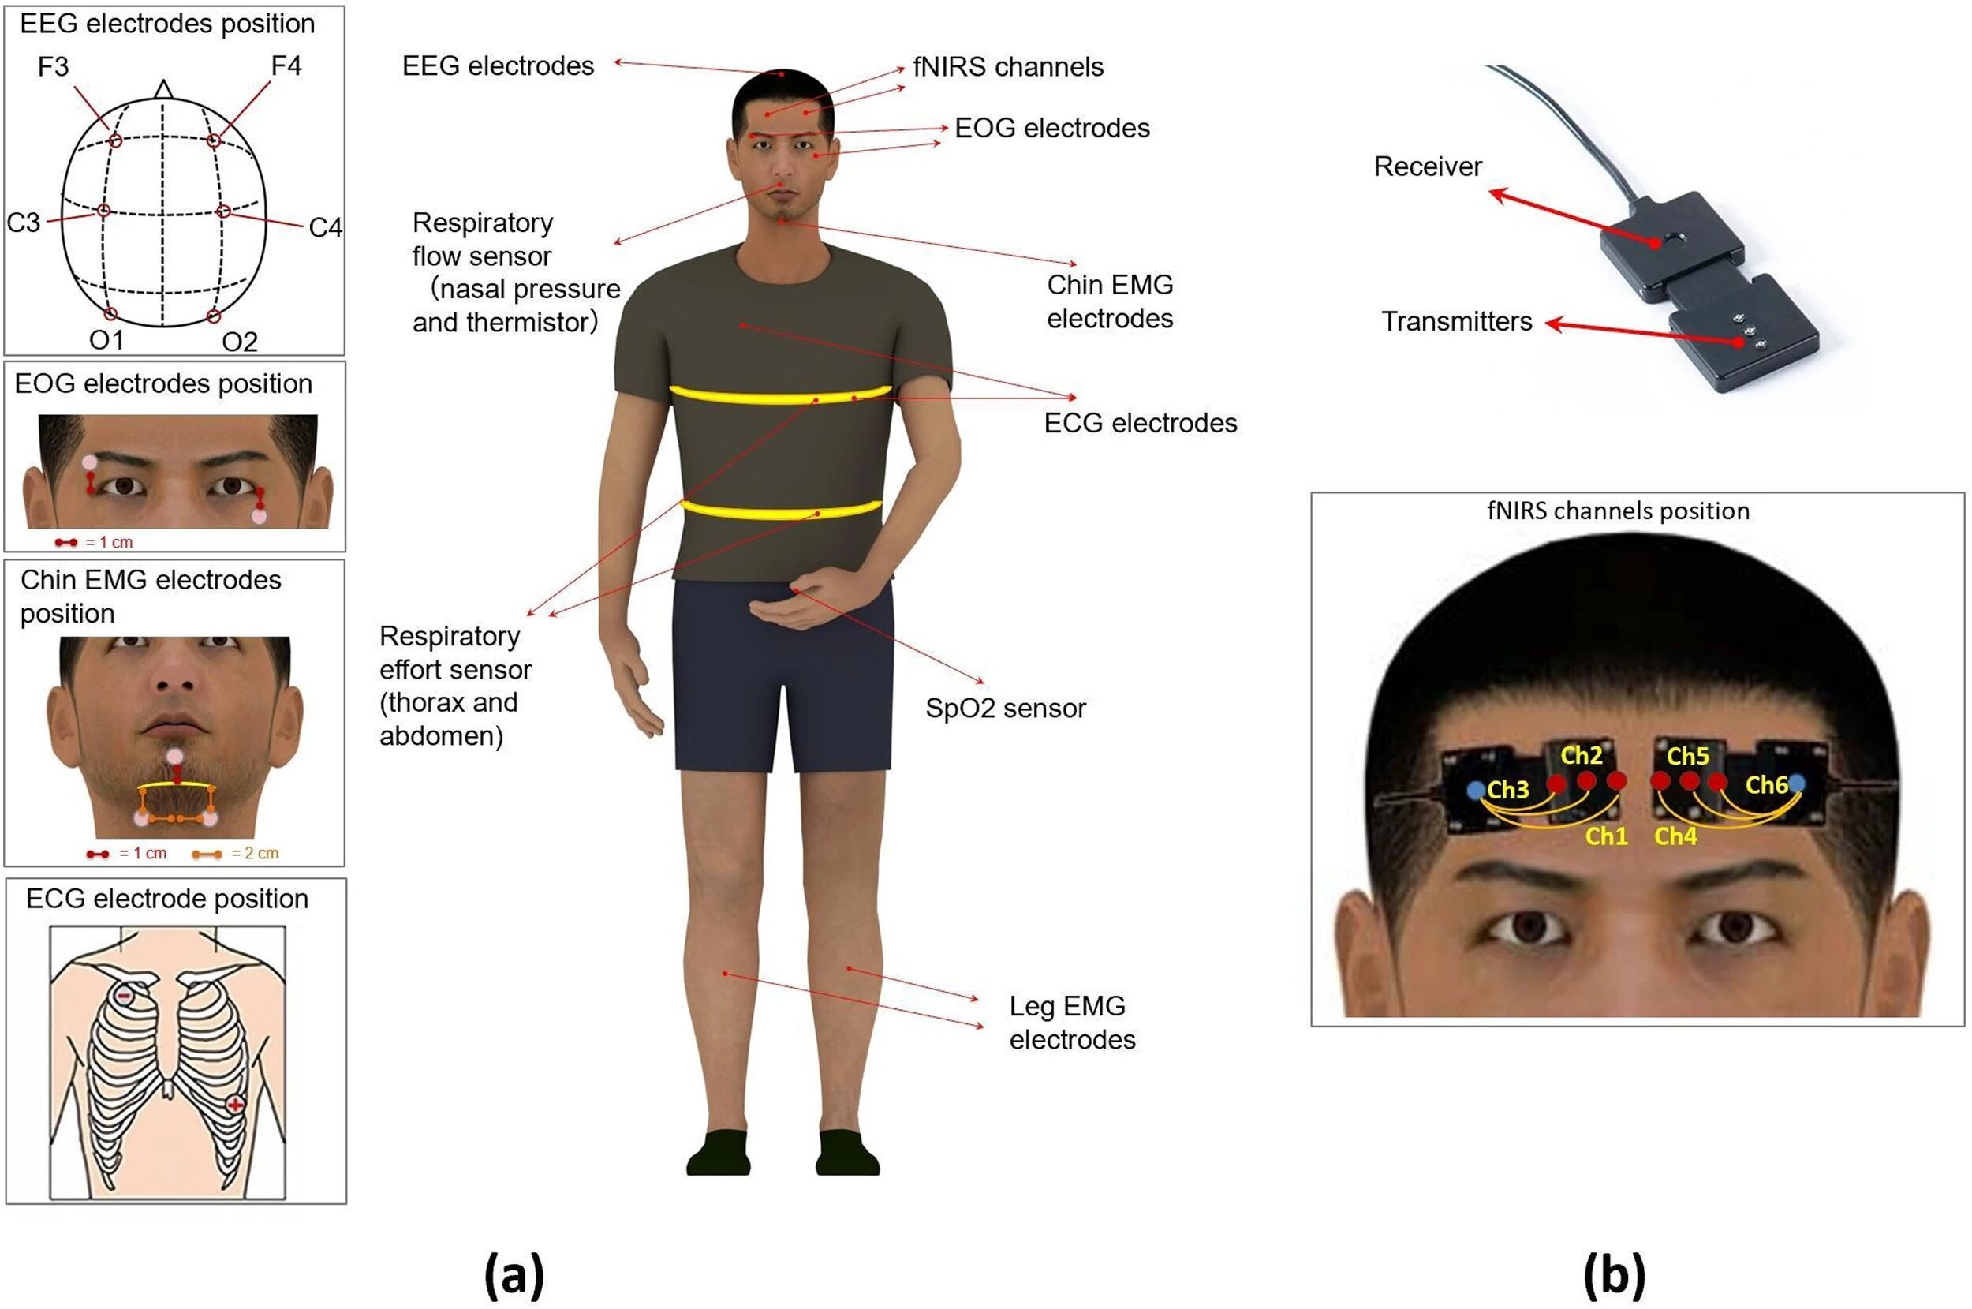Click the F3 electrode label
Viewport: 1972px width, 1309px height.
point(54,66)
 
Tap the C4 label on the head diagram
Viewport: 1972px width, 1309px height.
point(325,227)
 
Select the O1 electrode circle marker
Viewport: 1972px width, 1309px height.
point(111,314)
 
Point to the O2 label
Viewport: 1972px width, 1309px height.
point(240,342)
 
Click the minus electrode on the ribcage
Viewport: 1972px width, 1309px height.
point(124,996)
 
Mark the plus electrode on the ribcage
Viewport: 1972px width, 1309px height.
point(236,1105)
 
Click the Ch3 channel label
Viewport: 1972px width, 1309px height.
point(1508,790)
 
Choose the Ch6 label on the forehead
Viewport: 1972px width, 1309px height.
point(1766,785)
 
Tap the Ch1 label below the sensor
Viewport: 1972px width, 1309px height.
point(1607,836)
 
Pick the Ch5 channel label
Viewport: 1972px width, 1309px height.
point(1687,757)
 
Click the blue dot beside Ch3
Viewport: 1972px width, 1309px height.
point(1476,789)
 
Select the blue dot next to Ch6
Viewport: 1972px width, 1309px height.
point(1797,782)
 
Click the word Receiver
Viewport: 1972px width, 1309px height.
point(1428,166)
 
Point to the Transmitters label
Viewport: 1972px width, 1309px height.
point(1456,321)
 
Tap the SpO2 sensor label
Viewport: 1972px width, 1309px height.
point(1006,708)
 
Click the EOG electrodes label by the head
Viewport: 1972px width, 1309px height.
point(1052,128)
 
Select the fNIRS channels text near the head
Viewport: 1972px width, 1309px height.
point(1008,67)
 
